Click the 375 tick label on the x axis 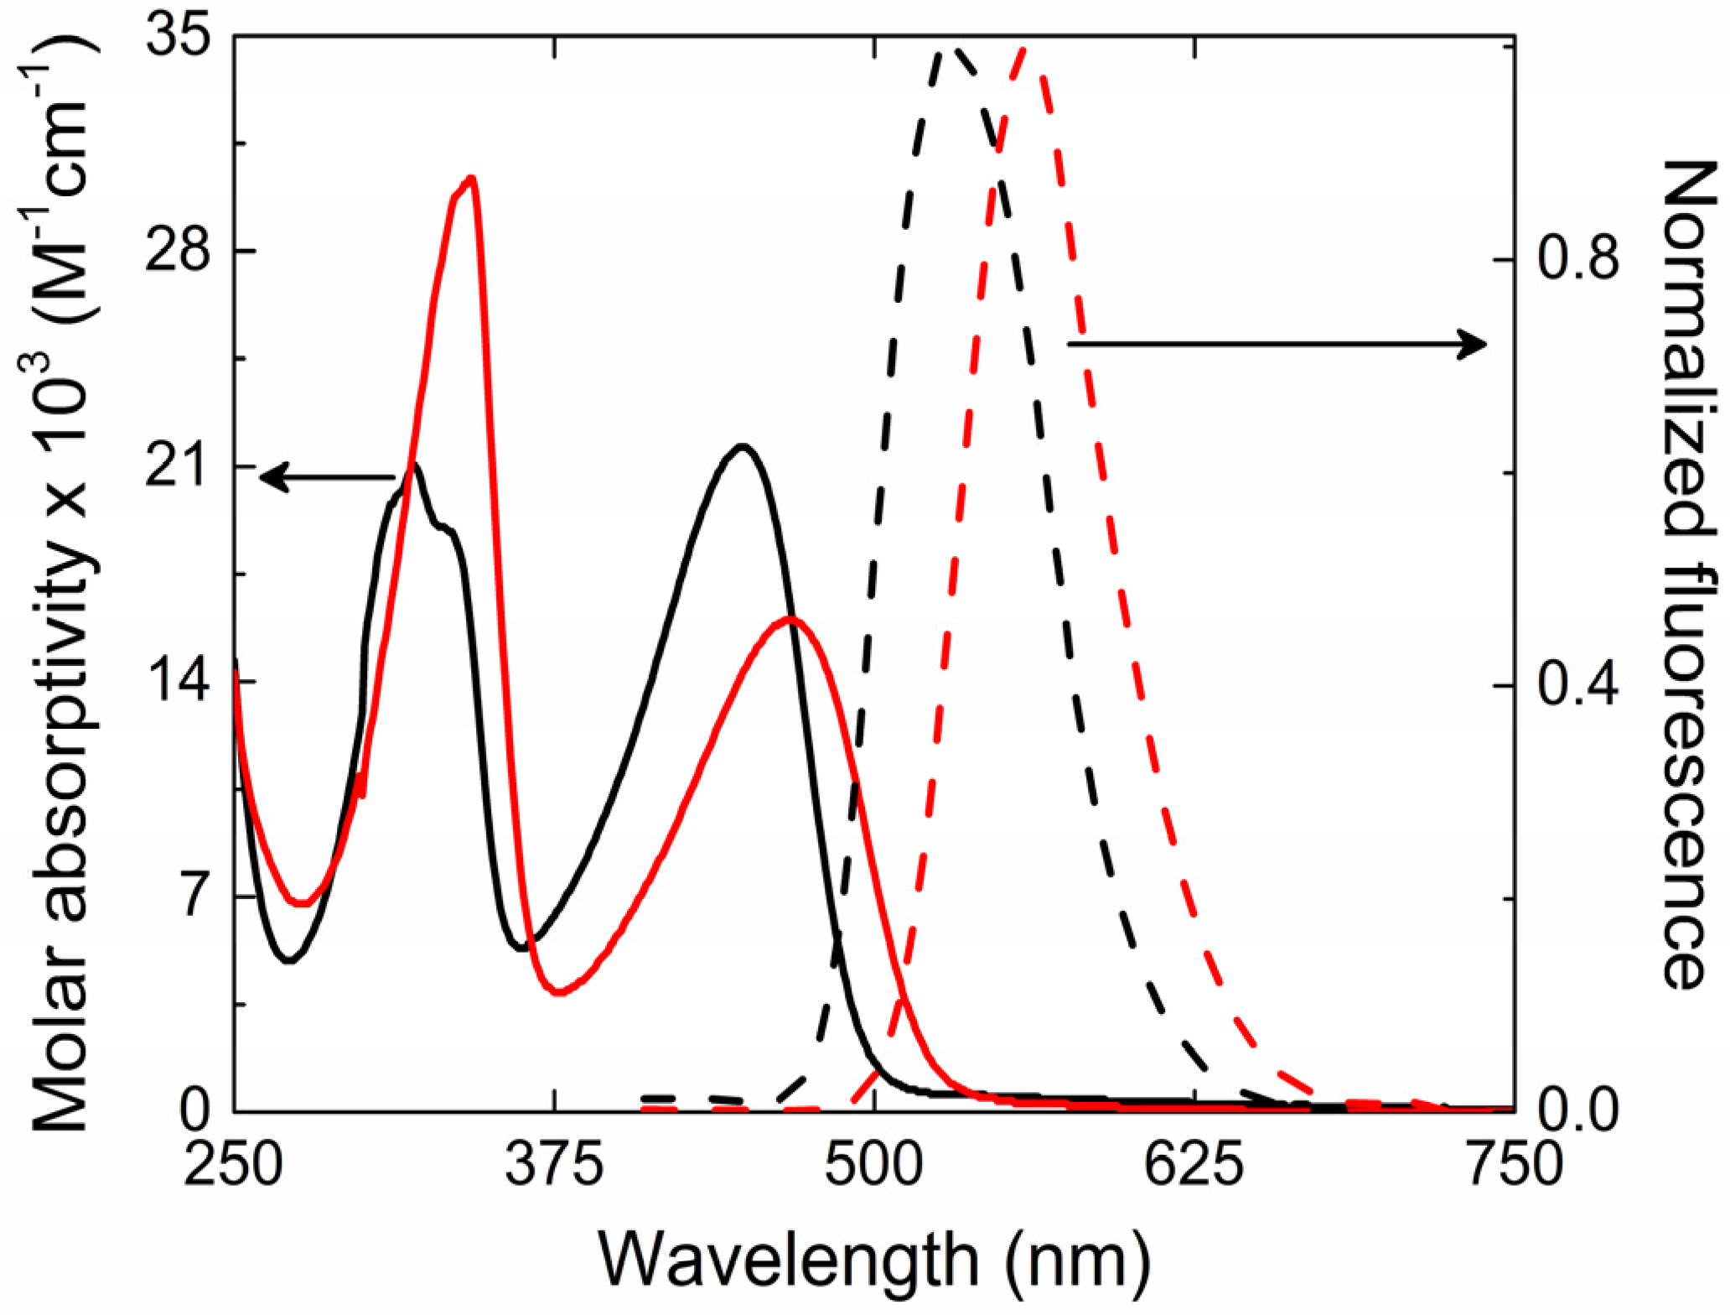554,1165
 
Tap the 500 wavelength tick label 875,1165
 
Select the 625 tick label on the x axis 1195,1165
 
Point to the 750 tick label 1514,1165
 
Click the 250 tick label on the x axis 233,1165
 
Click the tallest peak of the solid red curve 472,178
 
